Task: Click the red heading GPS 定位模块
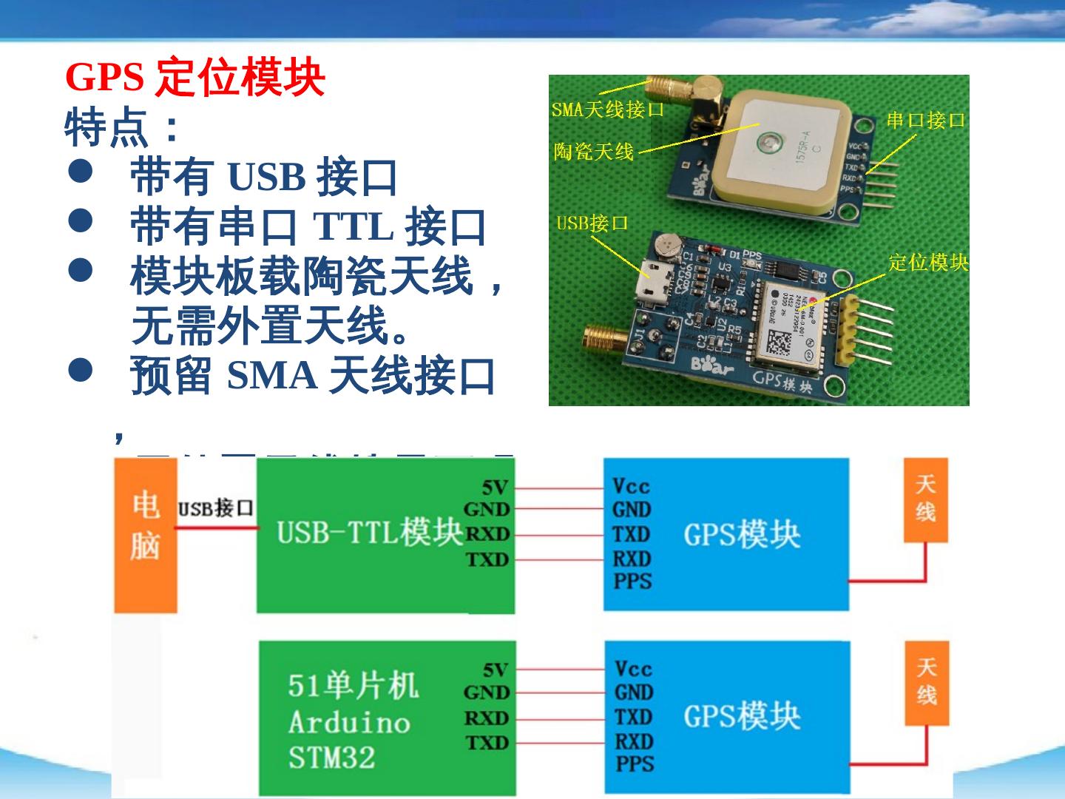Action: [195, 77]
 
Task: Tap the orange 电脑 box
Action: [145, 536]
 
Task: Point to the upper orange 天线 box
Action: [926, 500]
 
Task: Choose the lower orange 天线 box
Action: [926, 683]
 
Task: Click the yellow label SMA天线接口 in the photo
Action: [607, 110]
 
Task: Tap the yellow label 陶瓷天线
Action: [594, 152]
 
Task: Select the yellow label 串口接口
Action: [926, 121]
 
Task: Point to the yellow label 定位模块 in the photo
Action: [928, 263]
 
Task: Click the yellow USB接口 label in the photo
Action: [592, 223]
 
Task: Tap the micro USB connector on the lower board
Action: [655, 279]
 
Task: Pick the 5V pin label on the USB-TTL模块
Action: [495, 487]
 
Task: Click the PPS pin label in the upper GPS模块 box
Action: [632, 581]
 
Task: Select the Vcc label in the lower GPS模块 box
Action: [632, 669]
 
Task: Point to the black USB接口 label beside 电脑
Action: [215, 508]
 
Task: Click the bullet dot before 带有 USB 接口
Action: [80, 172]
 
